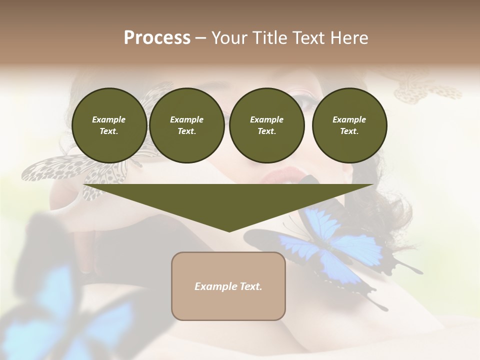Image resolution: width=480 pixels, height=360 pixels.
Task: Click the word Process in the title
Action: click(157, 38)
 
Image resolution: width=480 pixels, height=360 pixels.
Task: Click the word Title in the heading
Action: click(270, 38)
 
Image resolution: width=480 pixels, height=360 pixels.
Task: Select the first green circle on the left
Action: click(109, 125)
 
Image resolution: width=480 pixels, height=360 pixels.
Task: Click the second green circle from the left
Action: click(186, 125)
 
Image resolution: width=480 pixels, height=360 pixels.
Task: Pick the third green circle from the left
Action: click(266, 125)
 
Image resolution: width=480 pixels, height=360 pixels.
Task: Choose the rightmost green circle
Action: click(349, 125)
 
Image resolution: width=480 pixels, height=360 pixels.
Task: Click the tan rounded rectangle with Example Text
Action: click(228, 286)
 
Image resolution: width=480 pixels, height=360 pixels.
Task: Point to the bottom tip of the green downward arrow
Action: click(229, 231)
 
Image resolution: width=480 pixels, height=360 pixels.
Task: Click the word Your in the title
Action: click(231, 38)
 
